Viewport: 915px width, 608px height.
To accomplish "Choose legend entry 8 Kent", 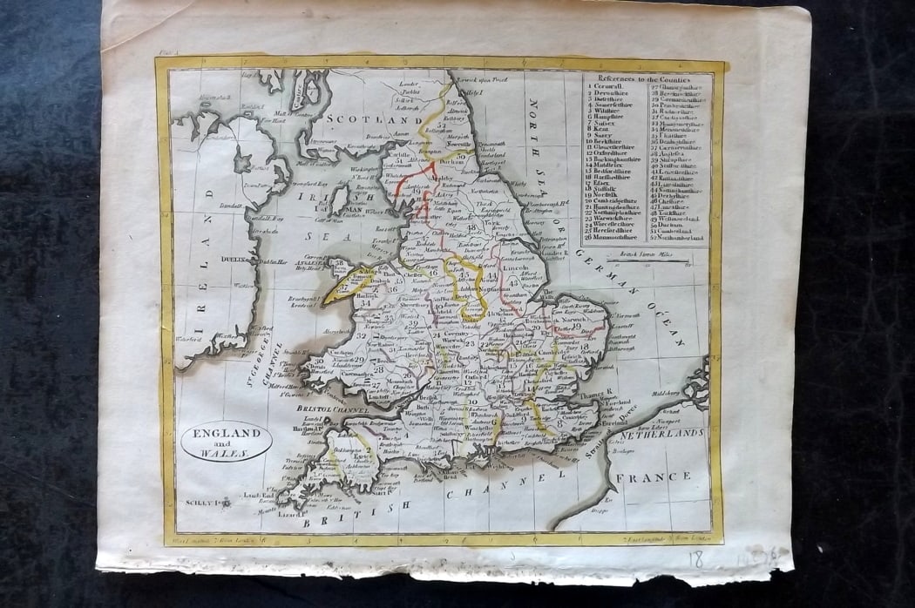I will click(x=600, y=130).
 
